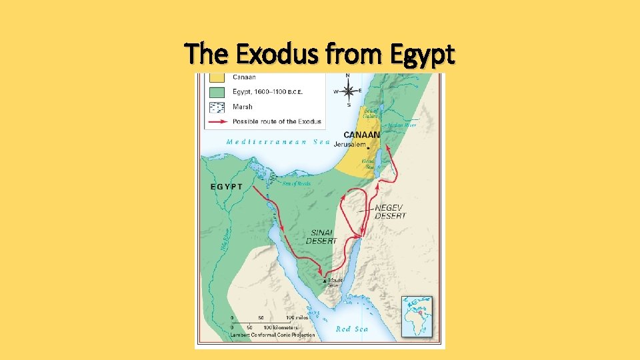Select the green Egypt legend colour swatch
pyautogui.click(x=217, y=92)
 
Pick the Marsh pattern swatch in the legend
pyautogui.click(x=217, y=107)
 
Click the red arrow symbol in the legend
pyautogui.click(x=217, y=121)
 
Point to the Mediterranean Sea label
pyautogui.click(x=278, y=141)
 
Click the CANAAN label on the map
pyautogui.click(x=361, y=135)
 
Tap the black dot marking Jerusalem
pyautogui.click(x=368, y=149)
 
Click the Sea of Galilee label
pyautogui.click(x=371, y=113)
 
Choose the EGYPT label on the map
pyautogui.click(x=227, y=187)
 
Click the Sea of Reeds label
pyautogui.click(x=296, y=183)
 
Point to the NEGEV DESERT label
pyautogui.click(x=390, y=211)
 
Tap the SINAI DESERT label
pyautogui.click(x=321, y=236)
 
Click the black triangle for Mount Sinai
pyautogui.click(x=325, y=281)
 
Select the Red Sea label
pyautogui.click(x=352, y=329)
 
